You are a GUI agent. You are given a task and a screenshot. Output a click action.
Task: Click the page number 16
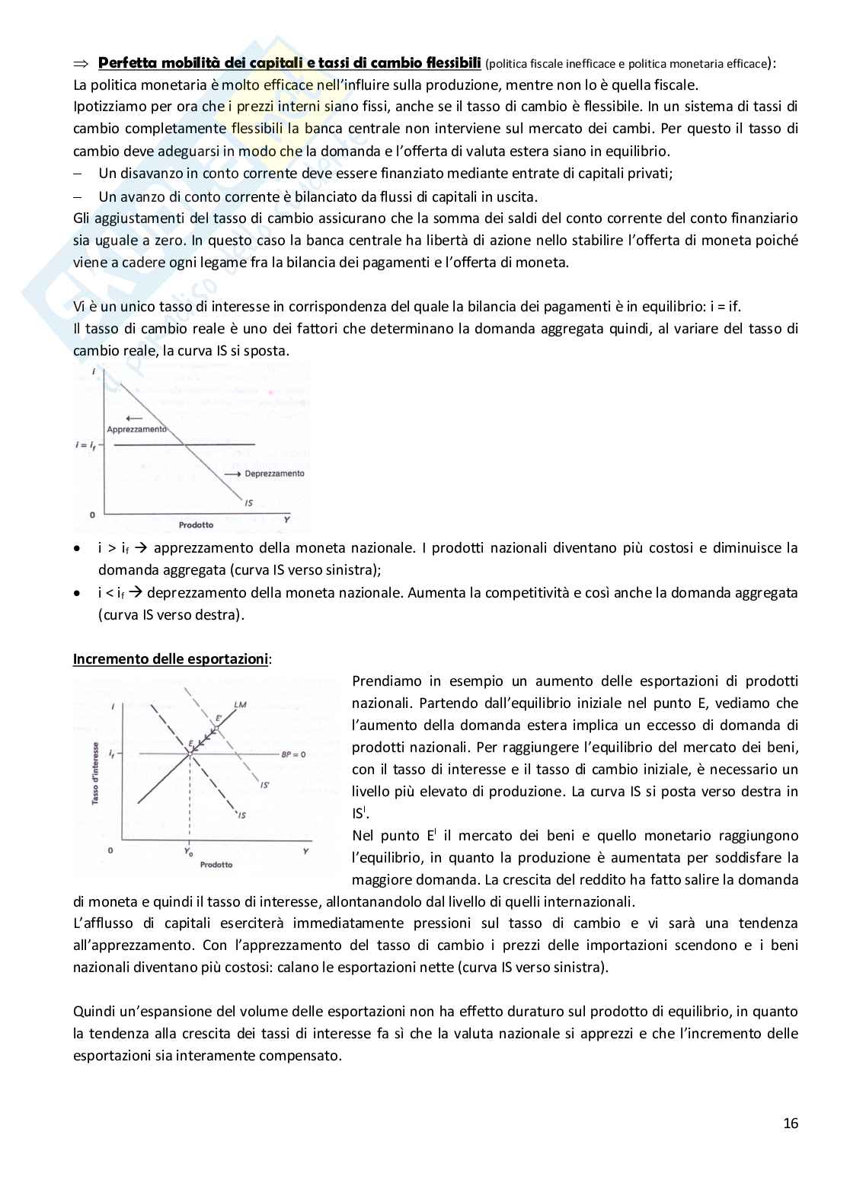791,1123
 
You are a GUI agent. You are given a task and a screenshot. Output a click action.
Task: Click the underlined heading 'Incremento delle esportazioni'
171,658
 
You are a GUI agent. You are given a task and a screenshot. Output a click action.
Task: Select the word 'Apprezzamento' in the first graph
136,429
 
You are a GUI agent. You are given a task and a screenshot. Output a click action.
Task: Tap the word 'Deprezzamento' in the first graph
274,473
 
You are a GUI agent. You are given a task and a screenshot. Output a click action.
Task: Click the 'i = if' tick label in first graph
85,445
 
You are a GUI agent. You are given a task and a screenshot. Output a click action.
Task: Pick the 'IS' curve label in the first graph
248,502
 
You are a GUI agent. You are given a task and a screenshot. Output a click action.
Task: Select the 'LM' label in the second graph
241,703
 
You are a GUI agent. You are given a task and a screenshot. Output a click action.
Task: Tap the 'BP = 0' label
293,754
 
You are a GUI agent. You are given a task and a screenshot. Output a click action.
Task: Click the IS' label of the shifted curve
265,784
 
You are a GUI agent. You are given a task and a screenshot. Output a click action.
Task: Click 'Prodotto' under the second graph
216,865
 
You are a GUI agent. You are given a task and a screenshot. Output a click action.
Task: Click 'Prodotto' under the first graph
196,524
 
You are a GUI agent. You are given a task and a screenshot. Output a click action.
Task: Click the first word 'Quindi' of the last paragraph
92,1011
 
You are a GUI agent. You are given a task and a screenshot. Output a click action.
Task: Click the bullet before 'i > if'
77,548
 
